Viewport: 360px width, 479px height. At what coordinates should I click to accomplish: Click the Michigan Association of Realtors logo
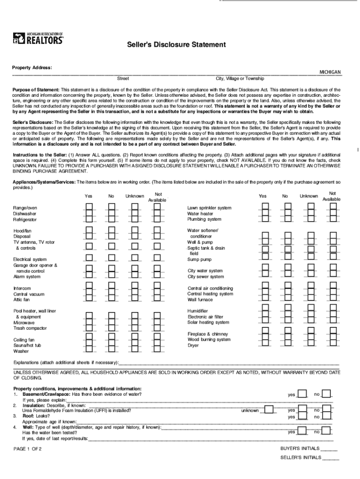coord(38,38)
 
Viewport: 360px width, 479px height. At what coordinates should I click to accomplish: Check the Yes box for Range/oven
coord(89,208)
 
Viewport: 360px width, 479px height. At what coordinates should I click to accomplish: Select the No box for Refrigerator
coord(112,219)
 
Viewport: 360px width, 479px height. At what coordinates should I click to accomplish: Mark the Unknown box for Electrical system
coord(135,257)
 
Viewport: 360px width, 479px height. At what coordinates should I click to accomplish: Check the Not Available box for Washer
coord(158,348)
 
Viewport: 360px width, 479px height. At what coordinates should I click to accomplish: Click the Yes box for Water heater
coord(265,213)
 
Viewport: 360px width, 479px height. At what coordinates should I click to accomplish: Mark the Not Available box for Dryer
coord(333,343)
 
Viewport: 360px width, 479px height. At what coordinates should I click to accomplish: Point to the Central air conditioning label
coord(210,289)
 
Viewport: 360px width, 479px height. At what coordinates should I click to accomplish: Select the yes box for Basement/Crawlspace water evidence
coord(302,394)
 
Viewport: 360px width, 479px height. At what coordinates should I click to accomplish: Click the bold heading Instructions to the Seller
coord(40,154)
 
